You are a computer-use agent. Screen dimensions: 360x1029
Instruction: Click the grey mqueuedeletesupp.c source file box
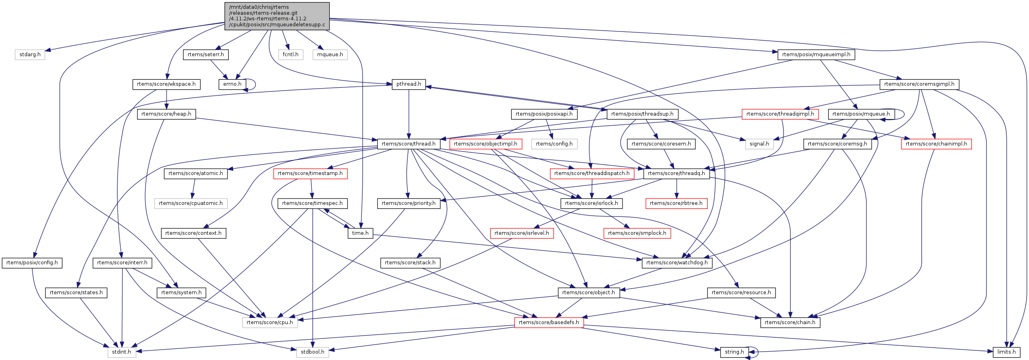pos(277,16)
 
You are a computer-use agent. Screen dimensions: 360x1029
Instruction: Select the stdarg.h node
pos(30,54)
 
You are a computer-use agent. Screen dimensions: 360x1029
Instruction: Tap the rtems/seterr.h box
pos(206,54)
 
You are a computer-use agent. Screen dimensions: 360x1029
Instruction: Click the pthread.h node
pos(408,84)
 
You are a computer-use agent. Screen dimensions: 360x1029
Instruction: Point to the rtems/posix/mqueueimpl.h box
pos(816,54)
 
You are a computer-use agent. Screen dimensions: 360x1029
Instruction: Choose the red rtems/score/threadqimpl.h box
pos(780,114)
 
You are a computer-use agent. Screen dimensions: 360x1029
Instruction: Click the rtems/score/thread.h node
pos(408,144)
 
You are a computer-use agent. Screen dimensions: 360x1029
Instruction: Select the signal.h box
pos(759,144)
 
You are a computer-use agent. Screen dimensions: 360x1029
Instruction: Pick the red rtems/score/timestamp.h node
pos(310,173)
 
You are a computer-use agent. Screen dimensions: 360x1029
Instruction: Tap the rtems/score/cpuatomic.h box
pos(190,203)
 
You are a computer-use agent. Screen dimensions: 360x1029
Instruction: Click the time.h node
pos(360,233)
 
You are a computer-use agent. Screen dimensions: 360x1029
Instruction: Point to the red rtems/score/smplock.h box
pos(637,233)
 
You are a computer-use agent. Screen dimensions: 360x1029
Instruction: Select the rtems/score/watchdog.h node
pos(677,263)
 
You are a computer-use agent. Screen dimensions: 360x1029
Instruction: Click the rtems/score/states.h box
pos(76,293)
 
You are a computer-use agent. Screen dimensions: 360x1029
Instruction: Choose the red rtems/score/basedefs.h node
pos(548,323)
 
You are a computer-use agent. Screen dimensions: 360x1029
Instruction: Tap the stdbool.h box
pos(312,352)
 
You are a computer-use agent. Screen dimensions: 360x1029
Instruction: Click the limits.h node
pos(1006,352)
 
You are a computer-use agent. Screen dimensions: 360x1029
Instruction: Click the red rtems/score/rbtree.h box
pos(676,203)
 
